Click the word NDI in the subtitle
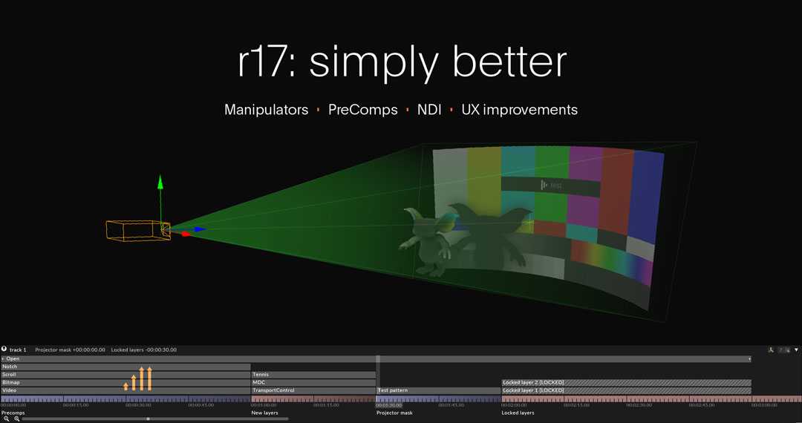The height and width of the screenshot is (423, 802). click(x=429, y=110)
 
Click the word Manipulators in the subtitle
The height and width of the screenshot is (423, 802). click(x=266, y=110)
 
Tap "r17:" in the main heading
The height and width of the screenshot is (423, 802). click(x=265, y=62)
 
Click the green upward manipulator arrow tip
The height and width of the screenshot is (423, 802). click(x=160, y=179)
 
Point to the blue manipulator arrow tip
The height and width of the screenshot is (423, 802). click(x=201, y=230)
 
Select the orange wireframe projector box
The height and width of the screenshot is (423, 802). click(x=137, y=230)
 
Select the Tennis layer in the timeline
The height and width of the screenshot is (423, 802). click(x=313, y=375)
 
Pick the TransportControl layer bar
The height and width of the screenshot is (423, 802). click(x=313, y=390)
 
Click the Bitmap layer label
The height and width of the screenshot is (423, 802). click(x=10, y=382)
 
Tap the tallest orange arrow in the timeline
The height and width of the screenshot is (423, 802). click(x=149, y=378)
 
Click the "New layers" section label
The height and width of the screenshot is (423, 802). click(x=264, y=413)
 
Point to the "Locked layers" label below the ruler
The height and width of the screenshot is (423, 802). click(x=518, y=413)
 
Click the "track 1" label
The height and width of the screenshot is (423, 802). click(x=17, y=350)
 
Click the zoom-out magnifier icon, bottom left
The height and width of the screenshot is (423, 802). click(x=7, y=419)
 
